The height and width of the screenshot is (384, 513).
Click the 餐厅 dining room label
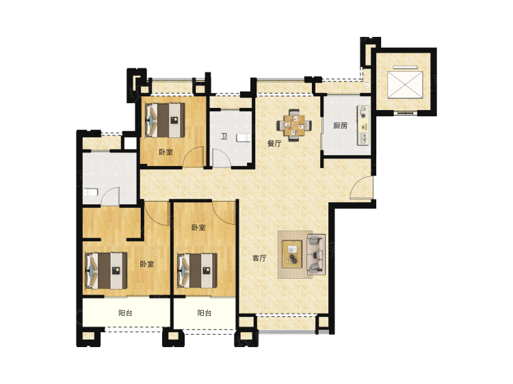[274, 143]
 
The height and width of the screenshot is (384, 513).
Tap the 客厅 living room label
[259, 258]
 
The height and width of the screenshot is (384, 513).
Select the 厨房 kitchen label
[340, 126]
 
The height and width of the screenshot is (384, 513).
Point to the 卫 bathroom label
[224, 136]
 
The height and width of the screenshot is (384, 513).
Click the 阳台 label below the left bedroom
[125, 313]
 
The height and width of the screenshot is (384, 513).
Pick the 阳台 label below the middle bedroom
[205, 313]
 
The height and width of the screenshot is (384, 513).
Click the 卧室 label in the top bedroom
[166, 152]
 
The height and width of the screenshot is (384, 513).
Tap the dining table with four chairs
[294, 125]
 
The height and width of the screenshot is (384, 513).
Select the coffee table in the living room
[292, 254]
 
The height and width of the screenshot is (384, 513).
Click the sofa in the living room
[316, 254]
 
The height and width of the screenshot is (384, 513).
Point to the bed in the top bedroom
[165, 120]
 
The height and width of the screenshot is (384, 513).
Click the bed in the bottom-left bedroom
[106, 271]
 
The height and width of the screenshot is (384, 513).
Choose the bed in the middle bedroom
[197, 271]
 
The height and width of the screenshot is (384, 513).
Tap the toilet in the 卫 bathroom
[244, 137]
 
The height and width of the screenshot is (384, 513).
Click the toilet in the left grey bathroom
[90, 192]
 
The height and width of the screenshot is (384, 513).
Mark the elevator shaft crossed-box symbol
[405, 84]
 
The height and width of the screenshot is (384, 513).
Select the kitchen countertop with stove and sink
[363, 125]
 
